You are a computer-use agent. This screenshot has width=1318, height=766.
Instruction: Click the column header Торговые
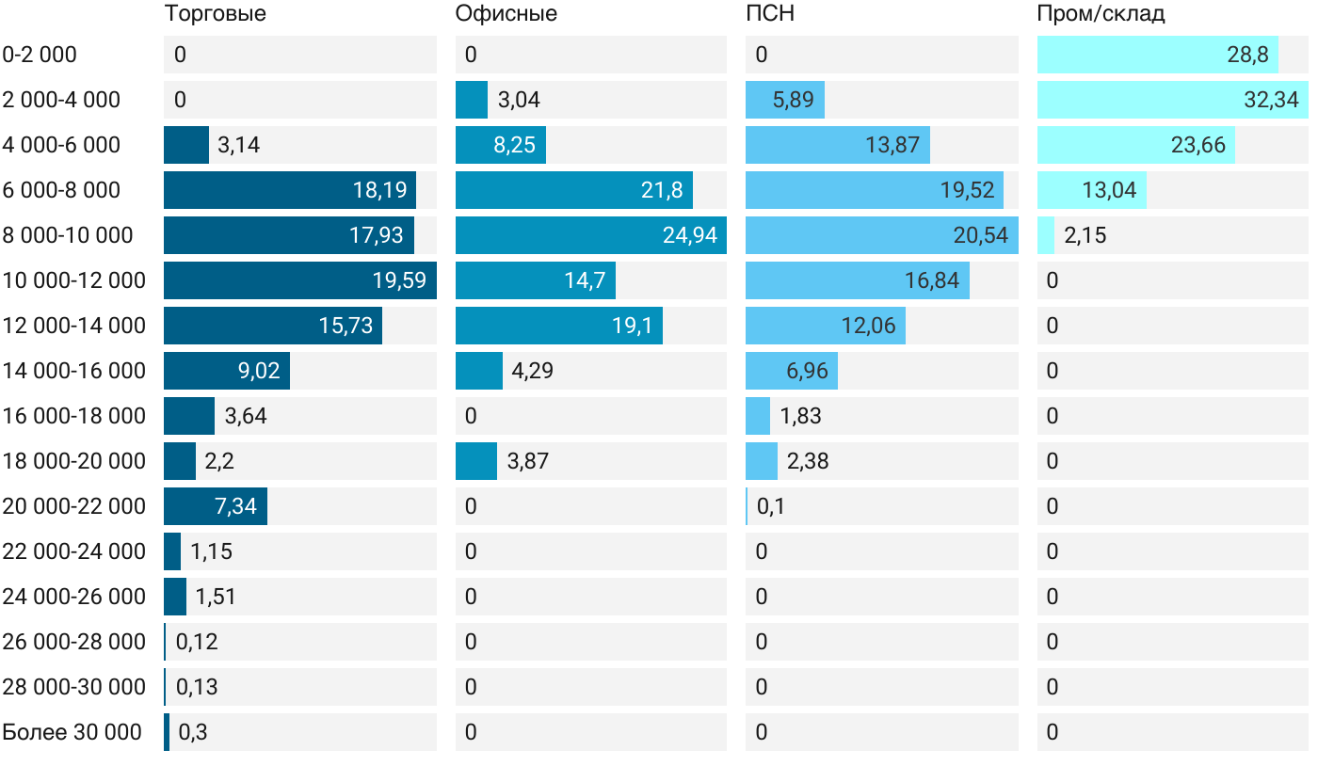[x=215, y=13]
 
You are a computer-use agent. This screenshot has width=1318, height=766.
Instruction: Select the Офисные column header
[x=506, y=13]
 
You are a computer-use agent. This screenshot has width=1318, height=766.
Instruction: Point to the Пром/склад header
[x=1101, y=13]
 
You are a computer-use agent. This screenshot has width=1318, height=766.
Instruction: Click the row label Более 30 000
[x=72, y=732]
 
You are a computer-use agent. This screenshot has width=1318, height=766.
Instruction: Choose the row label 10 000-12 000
[x=74, y=280]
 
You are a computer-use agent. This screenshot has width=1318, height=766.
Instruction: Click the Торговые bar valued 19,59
[x=299, y=280]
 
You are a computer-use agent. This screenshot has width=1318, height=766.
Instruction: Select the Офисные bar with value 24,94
[x=590, y=235]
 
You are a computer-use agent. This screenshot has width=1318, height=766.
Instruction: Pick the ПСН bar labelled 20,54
[x=881, y=235]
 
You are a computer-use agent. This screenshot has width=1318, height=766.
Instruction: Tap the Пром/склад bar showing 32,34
[x=1172, y=100]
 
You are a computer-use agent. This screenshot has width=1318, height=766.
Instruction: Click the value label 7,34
[x=235, y=506]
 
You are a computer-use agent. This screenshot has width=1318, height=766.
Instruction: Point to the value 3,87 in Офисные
[x=527, y=461]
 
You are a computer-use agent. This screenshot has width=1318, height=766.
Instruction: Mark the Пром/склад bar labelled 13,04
[x=1091, y=190]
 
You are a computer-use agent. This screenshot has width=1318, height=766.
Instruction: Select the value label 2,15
[x=1085, y=235]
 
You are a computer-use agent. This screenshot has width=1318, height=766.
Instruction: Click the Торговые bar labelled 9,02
[x=226, y=371]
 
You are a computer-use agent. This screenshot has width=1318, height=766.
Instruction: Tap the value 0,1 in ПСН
[x=770, y=506]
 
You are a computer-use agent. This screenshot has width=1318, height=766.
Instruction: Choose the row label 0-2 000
[x=40, y=55]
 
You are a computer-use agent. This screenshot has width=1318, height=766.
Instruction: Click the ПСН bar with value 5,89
[x=784, y=100]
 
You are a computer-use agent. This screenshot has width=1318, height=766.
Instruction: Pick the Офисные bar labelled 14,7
[x=535, y=280]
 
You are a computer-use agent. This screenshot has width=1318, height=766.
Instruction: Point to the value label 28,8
[x=1247, y=55]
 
